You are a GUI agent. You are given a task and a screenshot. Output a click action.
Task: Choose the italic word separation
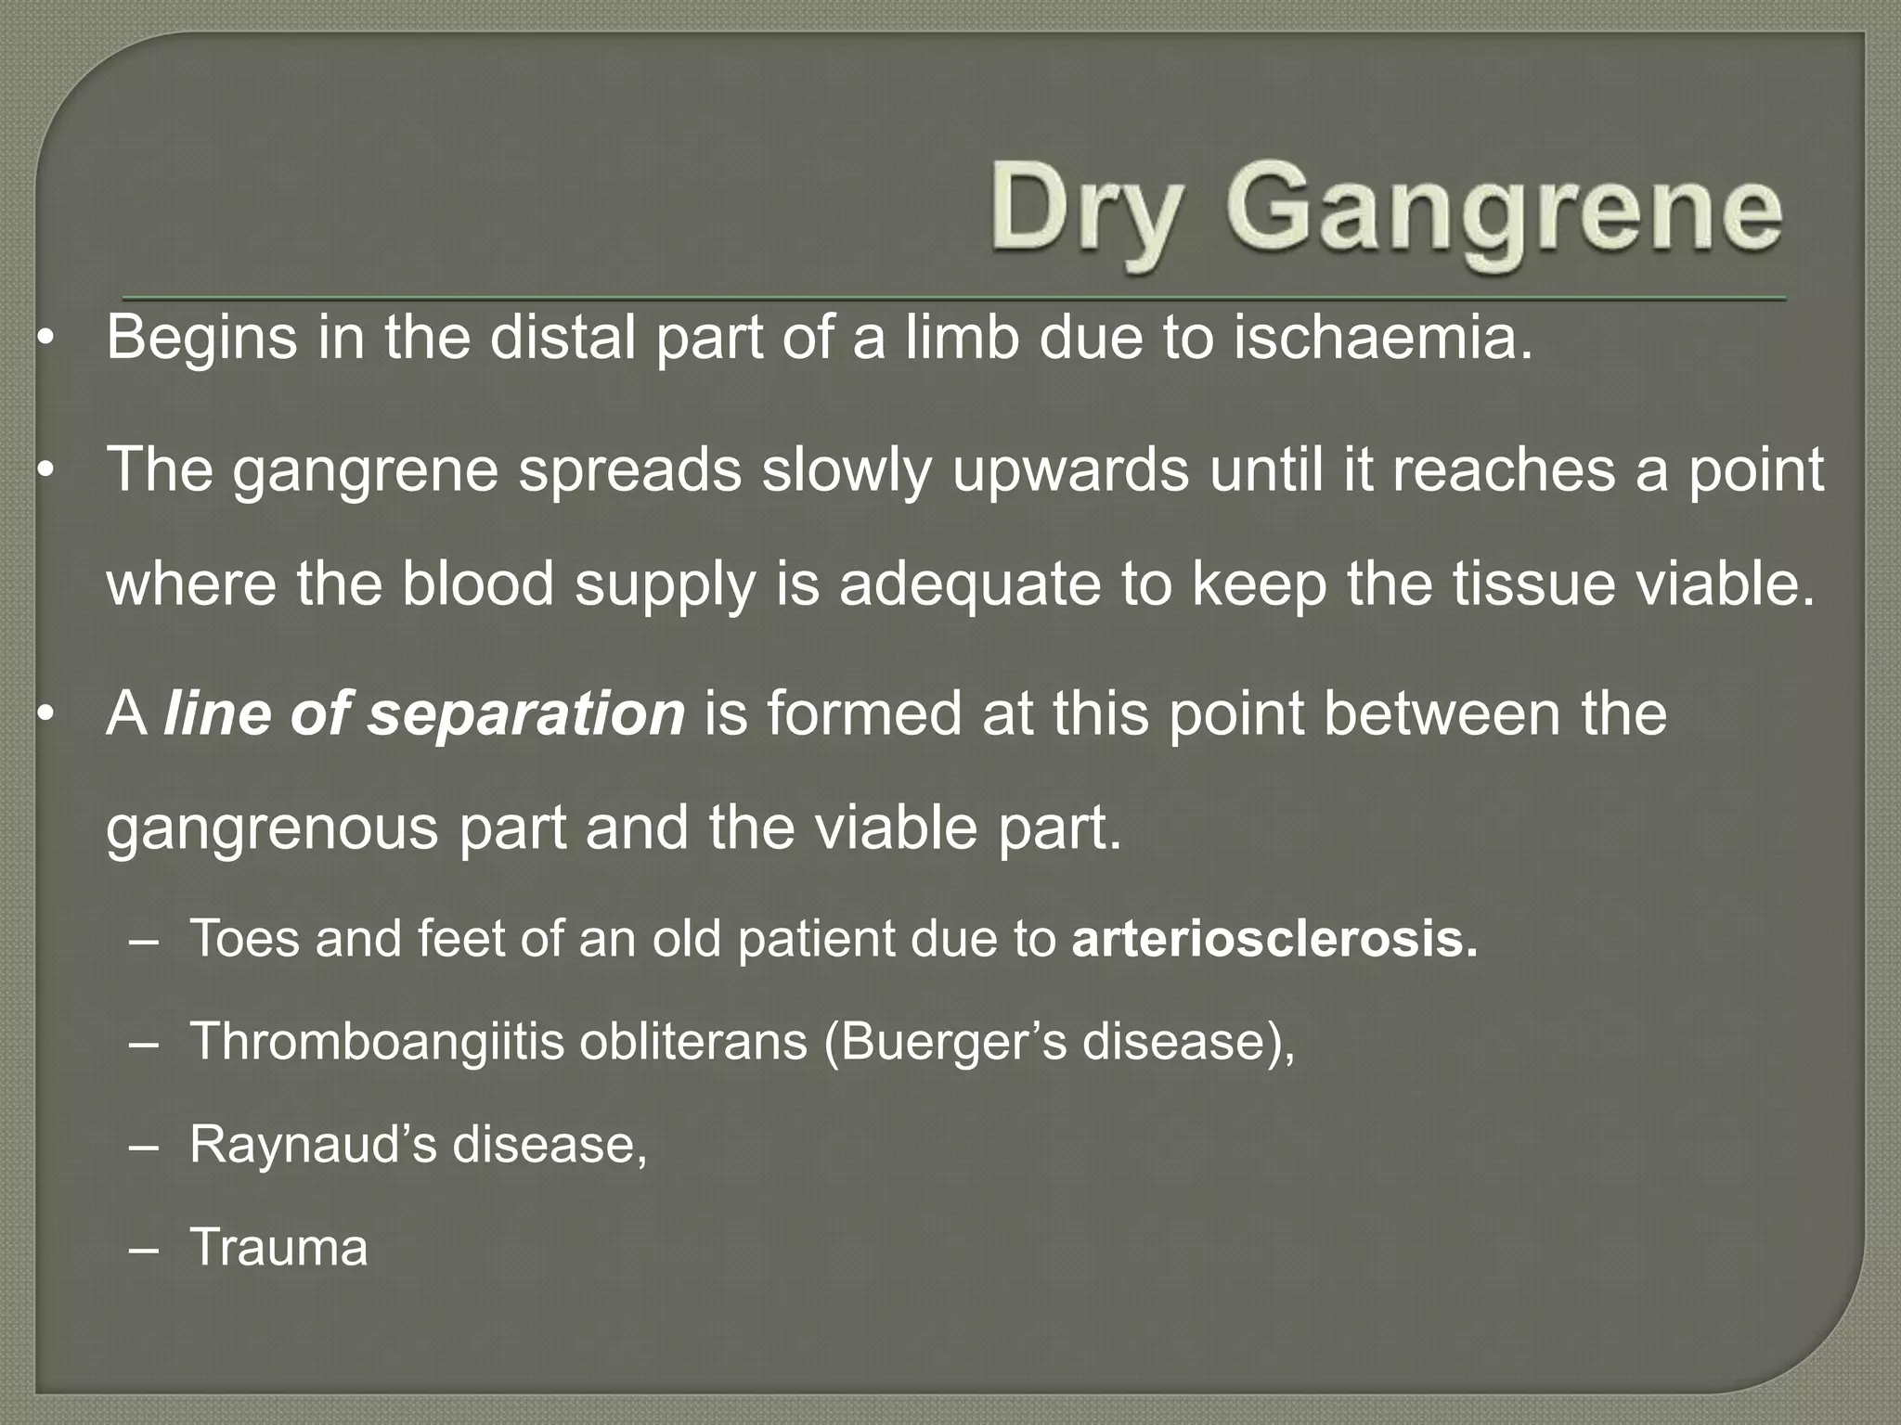pyautogui.click(x=526, y=714)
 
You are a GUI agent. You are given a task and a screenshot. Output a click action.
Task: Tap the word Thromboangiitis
pyautogui.click(x=377, y=1042)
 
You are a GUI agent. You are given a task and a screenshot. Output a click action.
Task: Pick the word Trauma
pyautogui.click(x=278, y=1247)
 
